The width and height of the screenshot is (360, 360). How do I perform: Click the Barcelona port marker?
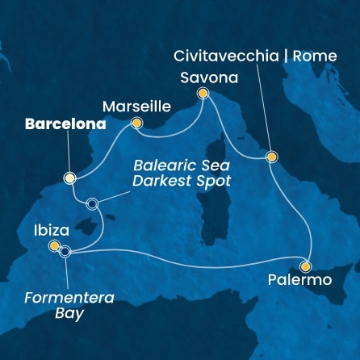point(70,178)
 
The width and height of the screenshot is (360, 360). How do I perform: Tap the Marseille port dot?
point(136,123)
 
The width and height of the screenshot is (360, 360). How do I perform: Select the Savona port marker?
point(203,94)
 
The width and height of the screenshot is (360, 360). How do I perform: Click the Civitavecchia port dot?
point(271,157)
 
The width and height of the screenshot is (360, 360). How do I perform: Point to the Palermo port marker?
point(305,266)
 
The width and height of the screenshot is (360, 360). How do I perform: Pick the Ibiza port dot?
point(54,245)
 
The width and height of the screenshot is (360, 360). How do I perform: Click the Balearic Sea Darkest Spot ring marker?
point(93,204)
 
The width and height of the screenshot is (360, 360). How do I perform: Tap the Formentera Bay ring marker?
point(65,251)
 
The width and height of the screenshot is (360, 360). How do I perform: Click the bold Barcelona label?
point(65,125)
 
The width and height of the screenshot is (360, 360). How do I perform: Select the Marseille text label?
point(136,106)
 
